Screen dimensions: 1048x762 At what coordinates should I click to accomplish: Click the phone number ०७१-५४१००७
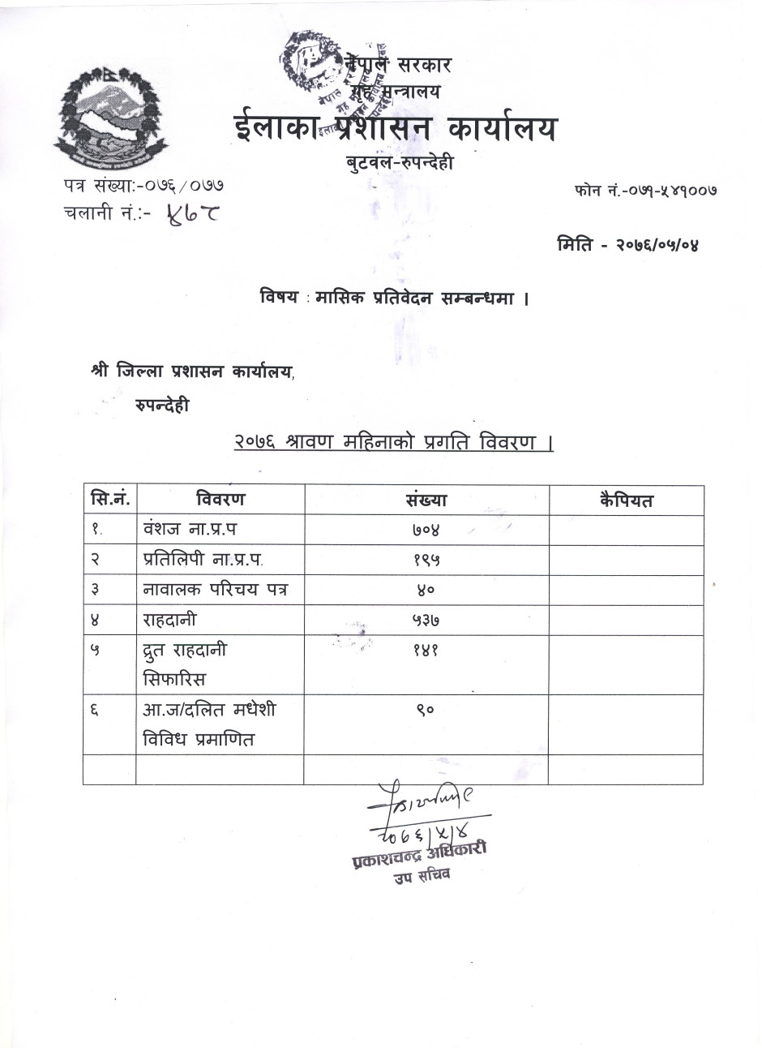pyautogui.click(x=659, y=191)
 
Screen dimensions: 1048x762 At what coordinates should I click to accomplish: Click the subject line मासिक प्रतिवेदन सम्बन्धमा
pyautogui.click(x=422, y=298)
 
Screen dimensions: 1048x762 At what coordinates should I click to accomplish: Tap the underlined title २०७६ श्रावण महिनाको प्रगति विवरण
pyautogui.click(x=393, y=443)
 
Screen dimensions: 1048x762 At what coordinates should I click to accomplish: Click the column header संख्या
pyautogui.click(x=426, y=500)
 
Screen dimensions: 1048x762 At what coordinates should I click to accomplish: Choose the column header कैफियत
pyautogui.click(x=626, y=500)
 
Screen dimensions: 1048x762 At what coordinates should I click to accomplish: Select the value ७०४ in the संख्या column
pyautogui.click(x=426, y=530)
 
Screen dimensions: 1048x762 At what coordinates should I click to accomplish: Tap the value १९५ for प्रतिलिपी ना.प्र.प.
pyautogui.click(x=426, y=561)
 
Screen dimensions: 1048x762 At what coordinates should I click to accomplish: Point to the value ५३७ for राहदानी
pyautogui.click(x=426, y=621)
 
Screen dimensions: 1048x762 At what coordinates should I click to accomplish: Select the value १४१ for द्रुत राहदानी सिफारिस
pyautogui.click(x=426, y=651)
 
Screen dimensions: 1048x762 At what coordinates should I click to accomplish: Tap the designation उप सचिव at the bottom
pyautogui.click(x=422, y=875)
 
